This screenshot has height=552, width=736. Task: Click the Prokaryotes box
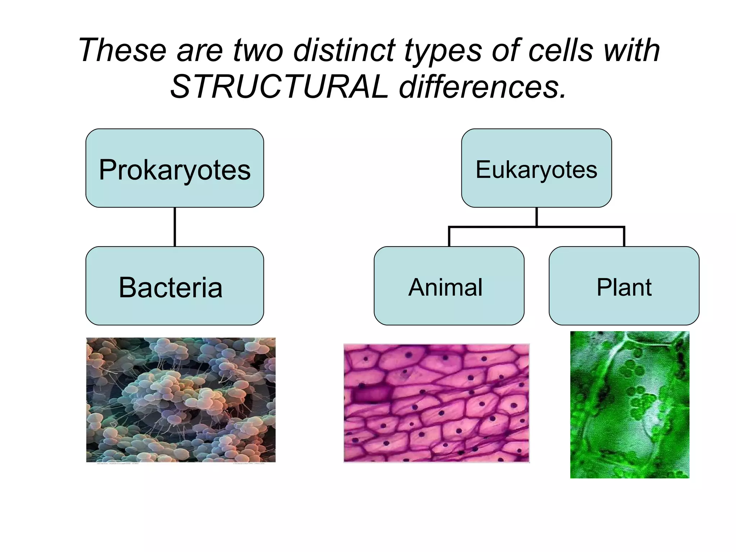click(175, 168)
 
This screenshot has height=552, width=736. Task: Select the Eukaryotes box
click(536, 168)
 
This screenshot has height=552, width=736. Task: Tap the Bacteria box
click(175, 286)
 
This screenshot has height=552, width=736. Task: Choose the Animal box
click(448, 286)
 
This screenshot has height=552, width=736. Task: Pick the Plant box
click(624, 286)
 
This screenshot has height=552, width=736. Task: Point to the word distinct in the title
click(344, 50)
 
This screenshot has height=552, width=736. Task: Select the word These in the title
click(123, 50)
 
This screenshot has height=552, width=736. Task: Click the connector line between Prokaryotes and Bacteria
click(175, 227)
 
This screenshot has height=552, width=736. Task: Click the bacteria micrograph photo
click(181, 400)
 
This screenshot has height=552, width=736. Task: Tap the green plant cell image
click(630, 405)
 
